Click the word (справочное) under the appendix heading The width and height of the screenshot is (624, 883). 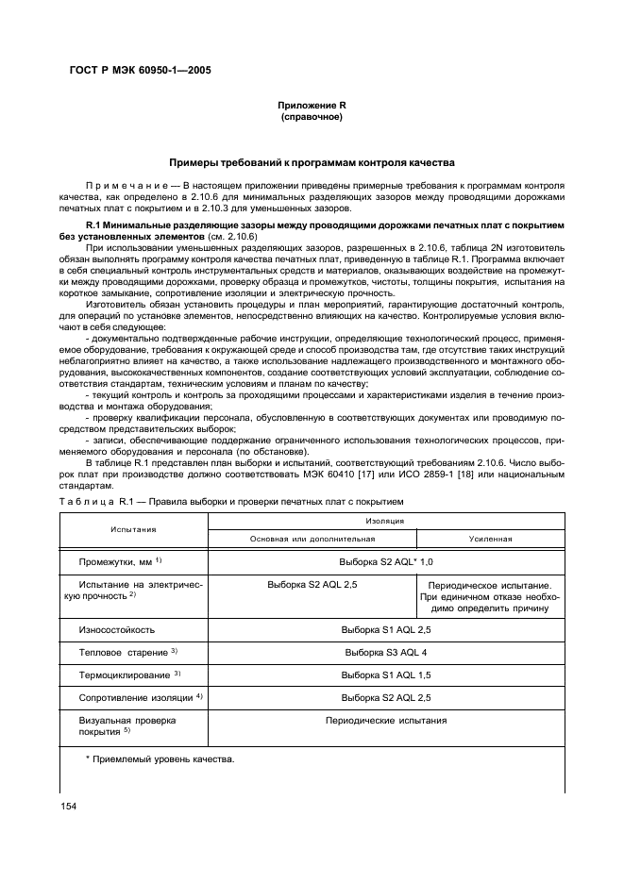311,118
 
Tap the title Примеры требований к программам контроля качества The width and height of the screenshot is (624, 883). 311,162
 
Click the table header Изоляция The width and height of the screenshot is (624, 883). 385,520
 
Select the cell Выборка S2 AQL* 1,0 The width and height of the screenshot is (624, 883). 385,561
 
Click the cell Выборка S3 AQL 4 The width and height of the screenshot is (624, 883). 385,653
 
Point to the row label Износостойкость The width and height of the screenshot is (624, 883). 116,629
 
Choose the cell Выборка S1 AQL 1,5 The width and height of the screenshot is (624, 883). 385,675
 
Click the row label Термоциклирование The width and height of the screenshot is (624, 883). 128,675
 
